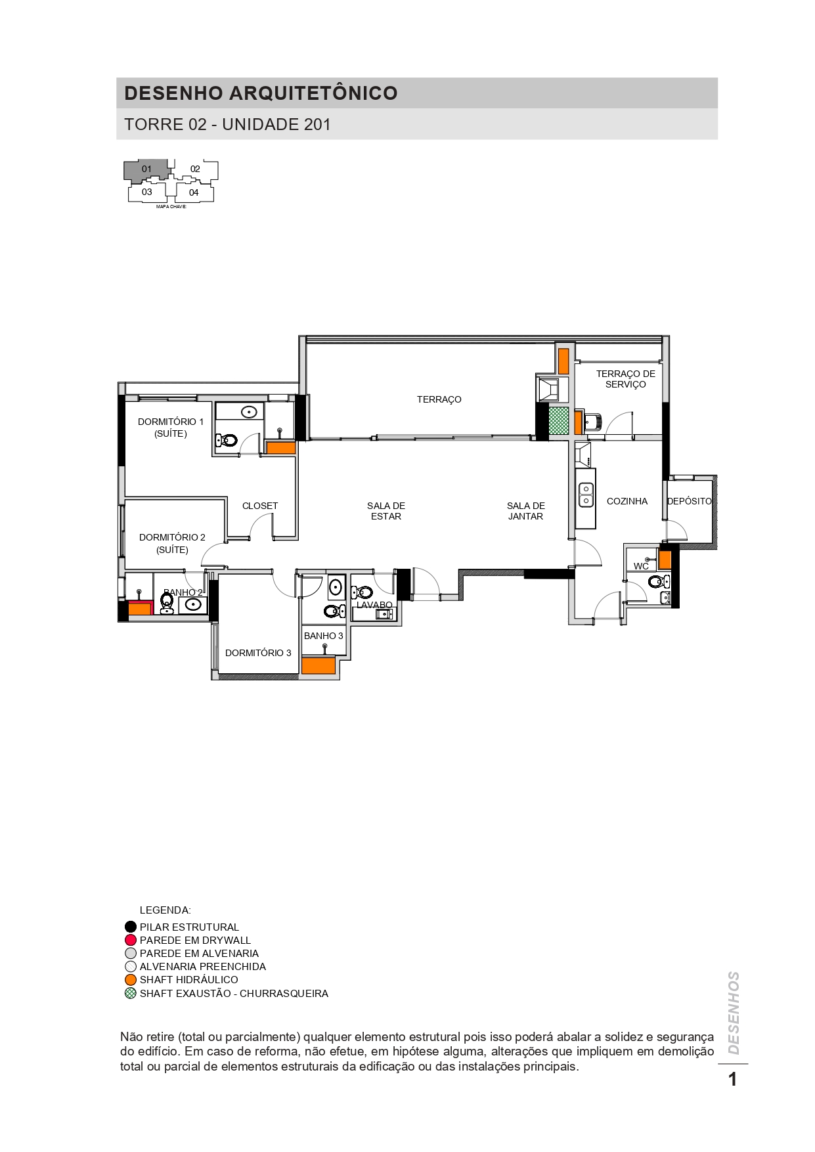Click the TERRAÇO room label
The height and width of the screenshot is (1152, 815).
[439, 399]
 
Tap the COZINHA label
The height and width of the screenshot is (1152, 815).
[627, 501]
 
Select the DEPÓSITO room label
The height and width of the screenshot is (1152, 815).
[689, 501]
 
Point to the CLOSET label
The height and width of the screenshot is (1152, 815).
[260, 506]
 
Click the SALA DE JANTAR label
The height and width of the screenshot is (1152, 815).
[525, 511]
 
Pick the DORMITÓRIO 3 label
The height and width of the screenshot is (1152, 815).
[258, 653]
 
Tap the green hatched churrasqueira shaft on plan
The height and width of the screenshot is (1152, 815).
[558, 421]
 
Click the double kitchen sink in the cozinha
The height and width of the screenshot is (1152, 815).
[586, 495]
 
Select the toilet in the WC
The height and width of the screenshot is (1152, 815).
[658, 581]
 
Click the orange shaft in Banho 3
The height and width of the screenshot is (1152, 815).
[319, 665]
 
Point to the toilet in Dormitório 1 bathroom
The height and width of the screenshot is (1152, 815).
[227, 440]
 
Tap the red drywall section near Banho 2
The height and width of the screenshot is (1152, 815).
[140, 608]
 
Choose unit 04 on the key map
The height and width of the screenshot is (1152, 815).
[194, 192]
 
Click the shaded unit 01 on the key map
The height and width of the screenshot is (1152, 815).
[146, 170]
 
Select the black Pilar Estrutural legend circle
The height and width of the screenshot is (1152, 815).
[131, 927]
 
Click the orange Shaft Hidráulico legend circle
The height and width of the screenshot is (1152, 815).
[131, 979]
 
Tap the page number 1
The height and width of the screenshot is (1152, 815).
[733, 1079]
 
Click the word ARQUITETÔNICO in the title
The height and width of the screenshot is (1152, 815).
[313, 93]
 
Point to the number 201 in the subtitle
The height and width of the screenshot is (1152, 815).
[317, 125]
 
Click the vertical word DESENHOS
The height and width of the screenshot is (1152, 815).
[734, 1013]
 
